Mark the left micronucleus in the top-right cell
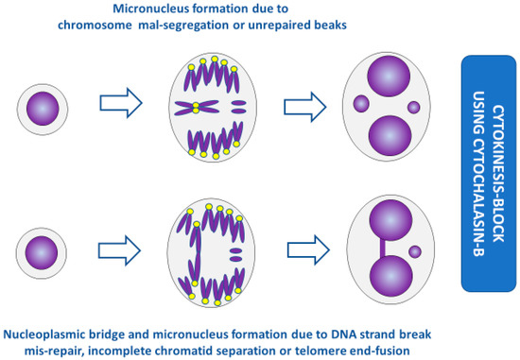(360, 103)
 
